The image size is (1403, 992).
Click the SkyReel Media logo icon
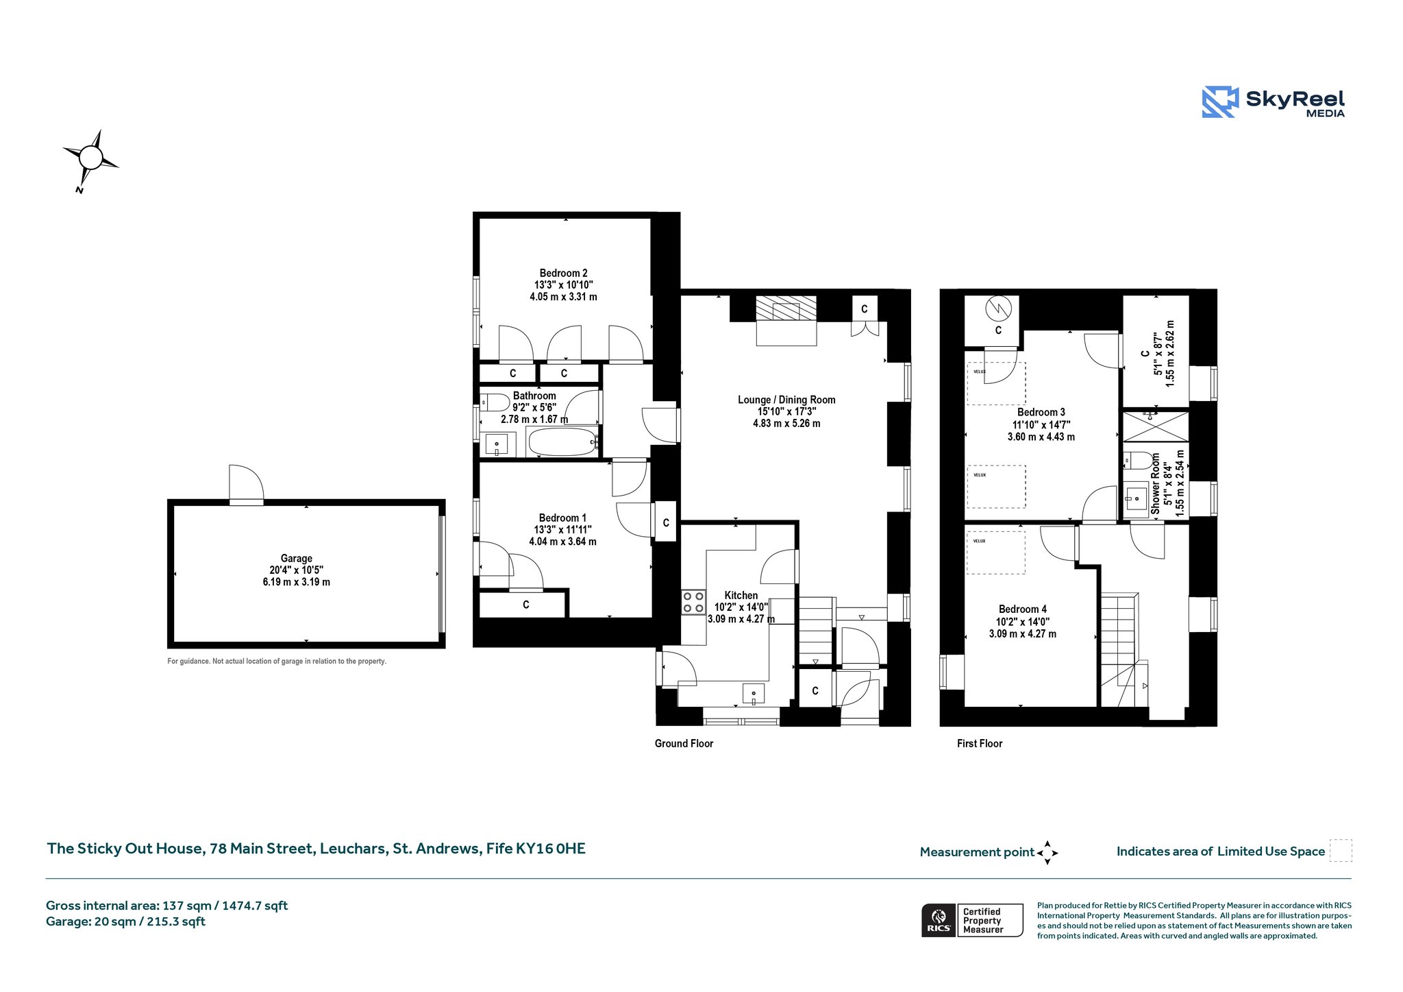[x=1220, y=102]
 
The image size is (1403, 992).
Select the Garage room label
[x=296, y=558]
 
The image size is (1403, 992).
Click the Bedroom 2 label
[x=563, y=273]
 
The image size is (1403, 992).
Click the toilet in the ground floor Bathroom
[x=495, y=402]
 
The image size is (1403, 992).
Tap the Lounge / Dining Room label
[x=786, y=400]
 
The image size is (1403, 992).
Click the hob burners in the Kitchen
[x=693, y=602]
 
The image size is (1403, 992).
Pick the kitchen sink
[x=754, y=693]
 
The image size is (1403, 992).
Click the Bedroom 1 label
[x=562, y=518]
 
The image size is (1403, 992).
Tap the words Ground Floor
[x=684, y=744]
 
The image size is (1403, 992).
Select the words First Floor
[x=980, y=744]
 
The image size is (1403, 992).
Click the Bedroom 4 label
[x=1023, y=609]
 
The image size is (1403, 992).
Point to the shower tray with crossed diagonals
[x=1155, y=426]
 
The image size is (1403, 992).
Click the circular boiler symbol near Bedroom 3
[x=998, y=309]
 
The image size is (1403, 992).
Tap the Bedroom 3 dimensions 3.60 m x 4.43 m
[x=1041, y=437]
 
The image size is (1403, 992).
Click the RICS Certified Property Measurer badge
[x=972, y=920]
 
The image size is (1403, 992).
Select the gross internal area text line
[x=166, y=906]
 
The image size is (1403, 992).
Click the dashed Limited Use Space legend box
[x=1341, y=850]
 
